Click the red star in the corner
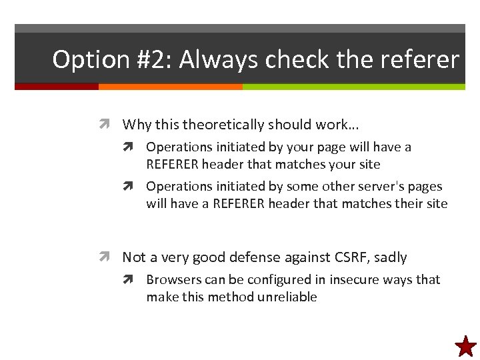point(465,346)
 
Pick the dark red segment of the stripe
point(57,87)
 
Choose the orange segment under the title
point(170,87)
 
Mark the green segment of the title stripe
point(353,87)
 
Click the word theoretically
point(223,125)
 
